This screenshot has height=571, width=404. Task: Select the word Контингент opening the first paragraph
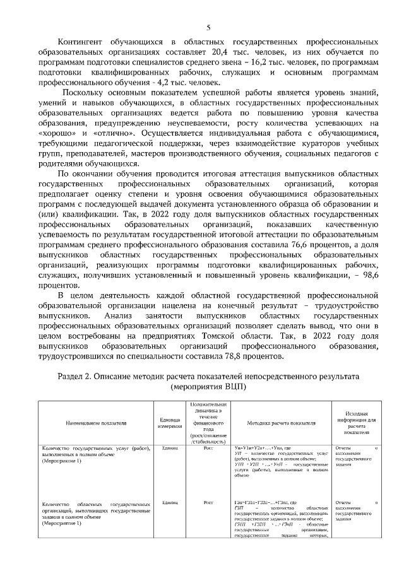click(81, 42)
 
